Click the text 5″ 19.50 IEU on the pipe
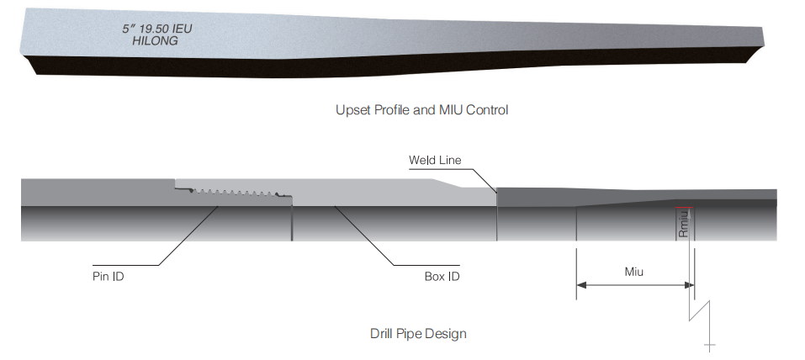pos(158,29)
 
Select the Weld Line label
pos(435,160)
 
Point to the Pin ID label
pos(109,276)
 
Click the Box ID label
pos(442,276)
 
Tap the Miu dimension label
pos(634,272)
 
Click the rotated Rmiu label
pos(684,224)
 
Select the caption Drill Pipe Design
pos(418,333)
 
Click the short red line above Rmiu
pos(683,207)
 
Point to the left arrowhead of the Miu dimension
pos(580,285)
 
